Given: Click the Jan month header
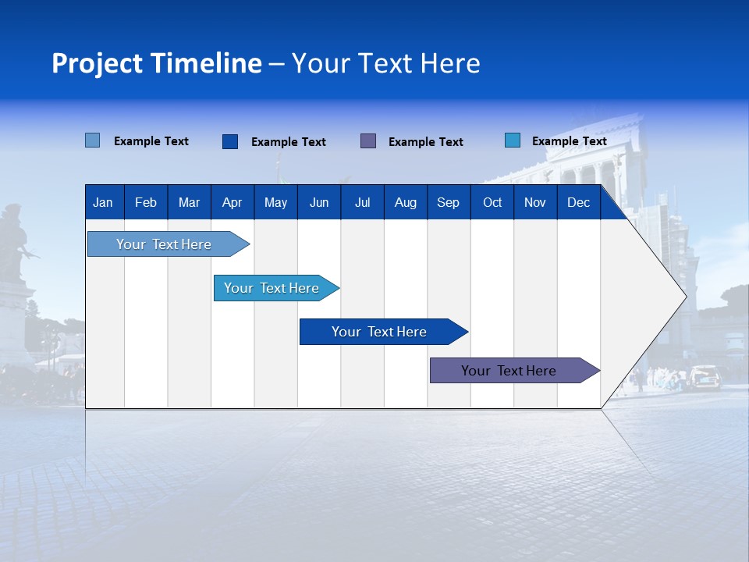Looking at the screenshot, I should coord(104,202).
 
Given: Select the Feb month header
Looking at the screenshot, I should coord(146,202).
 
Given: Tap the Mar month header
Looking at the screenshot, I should coord(189,202).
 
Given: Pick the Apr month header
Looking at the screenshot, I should coord(232,202).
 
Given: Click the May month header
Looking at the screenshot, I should coord(275,202).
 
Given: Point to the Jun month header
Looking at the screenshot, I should coord(319,202).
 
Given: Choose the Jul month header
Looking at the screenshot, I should coord(362,202).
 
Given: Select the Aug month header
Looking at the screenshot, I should coord(405,202).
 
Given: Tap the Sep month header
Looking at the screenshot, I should coord(448,202).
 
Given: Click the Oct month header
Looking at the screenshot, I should coord(492,202).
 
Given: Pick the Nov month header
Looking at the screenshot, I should coord(535,202).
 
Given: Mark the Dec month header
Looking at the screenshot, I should coord(578,202).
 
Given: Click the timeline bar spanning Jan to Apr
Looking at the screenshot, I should coord(164,244).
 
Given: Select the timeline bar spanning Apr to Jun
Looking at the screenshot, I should coord(272,288).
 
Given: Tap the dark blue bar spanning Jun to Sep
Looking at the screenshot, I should coord(379,332).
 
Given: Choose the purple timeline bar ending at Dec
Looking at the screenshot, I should coord(509,371).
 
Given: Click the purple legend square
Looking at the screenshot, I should coord(368,140).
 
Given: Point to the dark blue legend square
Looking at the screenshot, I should coord(230,141).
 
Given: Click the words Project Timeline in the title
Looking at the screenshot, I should coord(157,63).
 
